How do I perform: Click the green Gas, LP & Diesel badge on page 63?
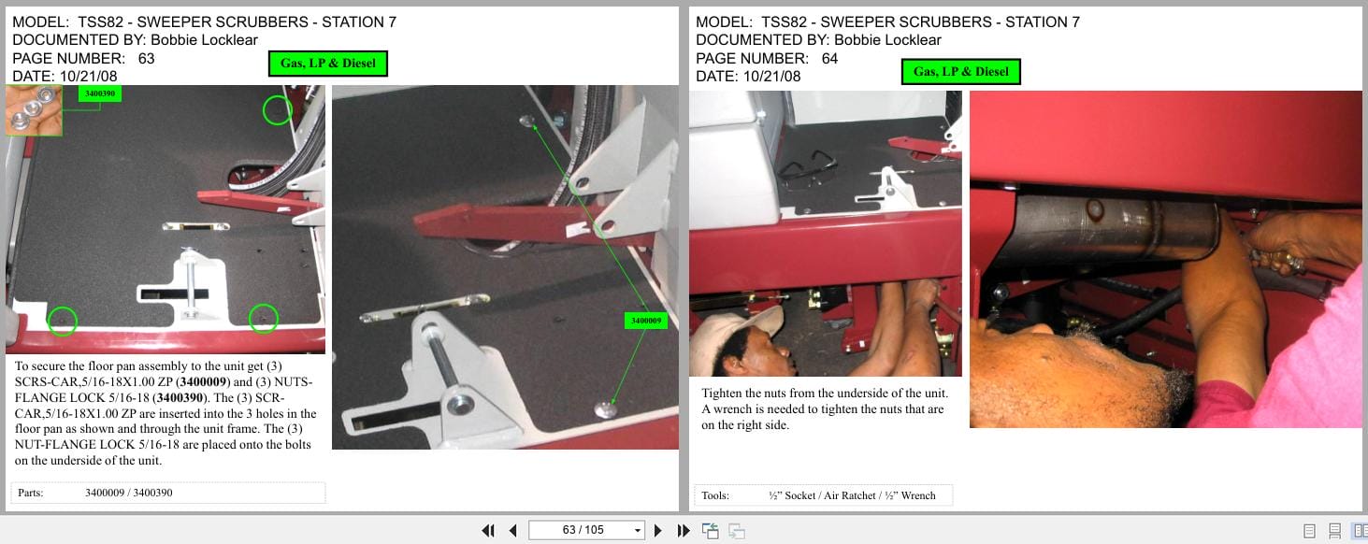[328, 64]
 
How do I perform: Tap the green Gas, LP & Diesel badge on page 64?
[960, 71]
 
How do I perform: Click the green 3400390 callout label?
[99, 93]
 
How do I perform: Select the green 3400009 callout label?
[645, 321]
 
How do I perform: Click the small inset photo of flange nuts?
[34, 110]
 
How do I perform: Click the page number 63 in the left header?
[147, 59]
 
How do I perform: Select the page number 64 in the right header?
[830, 59]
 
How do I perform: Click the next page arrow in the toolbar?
[657, 531]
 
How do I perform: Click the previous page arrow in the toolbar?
[513, 531]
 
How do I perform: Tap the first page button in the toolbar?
[488, 531]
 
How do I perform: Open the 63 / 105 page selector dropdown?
[637, 530]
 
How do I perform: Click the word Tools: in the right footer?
[715, 495]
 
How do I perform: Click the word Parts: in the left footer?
[31, 493]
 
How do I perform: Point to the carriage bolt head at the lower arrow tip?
[606, 409]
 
